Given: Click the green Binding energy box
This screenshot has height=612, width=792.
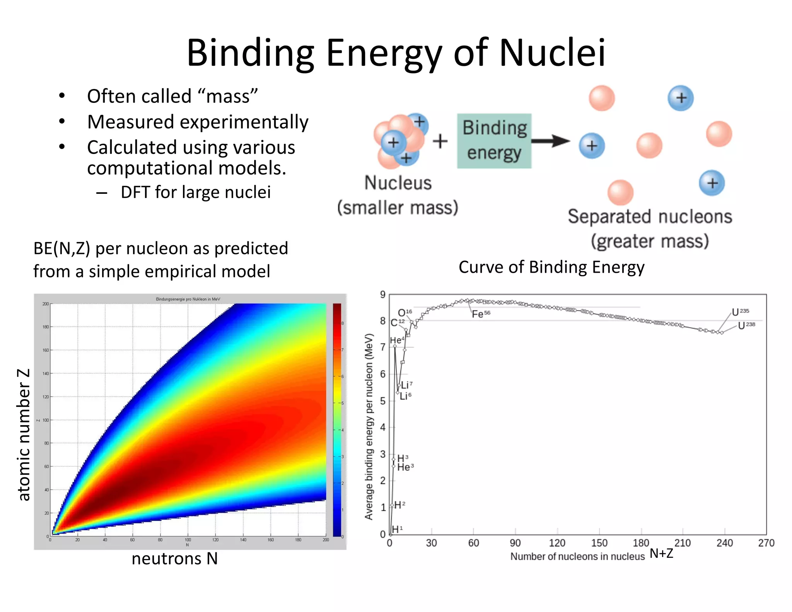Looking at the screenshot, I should [x=494, y=140].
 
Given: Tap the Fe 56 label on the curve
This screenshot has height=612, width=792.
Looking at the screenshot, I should [x=480, y=314].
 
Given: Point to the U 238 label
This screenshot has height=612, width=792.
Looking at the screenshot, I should [x=746, y=325].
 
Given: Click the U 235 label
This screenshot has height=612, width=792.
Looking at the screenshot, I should [x=740, y=312].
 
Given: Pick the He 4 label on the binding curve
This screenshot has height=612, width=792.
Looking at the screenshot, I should [x=397, y=340].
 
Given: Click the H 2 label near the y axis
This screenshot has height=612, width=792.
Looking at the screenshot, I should [x=399, y=505].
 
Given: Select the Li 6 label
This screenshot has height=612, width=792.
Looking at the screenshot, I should [x=405, y=396].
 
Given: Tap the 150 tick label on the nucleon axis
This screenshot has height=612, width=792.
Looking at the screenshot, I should [x=599, y=543].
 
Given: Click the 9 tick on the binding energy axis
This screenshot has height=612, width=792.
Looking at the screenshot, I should [x=382, y=295].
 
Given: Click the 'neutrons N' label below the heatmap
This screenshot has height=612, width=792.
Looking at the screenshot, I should [x=174, y=559].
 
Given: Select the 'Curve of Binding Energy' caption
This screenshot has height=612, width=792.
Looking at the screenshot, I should [x=551, y=267].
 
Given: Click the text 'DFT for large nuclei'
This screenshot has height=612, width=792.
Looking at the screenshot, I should [x=195, y=192].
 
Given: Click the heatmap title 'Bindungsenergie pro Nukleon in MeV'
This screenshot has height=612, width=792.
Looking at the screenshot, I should [x=188, y=299].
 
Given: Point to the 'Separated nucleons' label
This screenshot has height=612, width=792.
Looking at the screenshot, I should [x=650, y=217].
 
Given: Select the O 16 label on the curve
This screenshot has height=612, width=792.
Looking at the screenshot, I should [x=405, y=312].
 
